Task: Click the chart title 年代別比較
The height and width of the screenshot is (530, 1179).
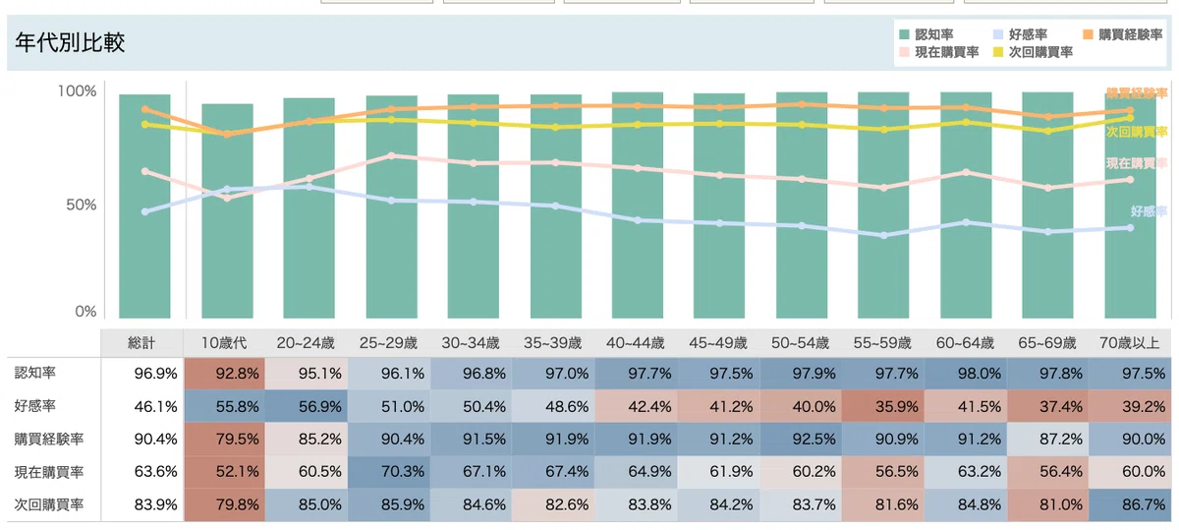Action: [x=70, y=42]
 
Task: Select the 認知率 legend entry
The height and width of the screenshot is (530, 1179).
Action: [x=926, y=34]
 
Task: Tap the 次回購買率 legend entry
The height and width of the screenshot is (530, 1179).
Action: [x=1033, y=52]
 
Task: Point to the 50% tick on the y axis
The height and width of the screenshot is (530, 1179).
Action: [x=82, y=205]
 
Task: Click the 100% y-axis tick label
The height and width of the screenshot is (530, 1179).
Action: [x=78, y=91]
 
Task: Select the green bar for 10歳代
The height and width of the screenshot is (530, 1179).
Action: [x=227, y=210]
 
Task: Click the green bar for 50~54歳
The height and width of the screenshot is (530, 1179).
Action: [x=802, y=206]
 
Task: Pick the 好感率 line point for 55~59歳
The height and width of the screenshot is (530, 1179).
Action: [x=883, y=235]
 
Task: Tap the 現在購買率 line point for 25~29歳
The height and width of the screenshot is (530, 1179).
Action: [x=391, y=156]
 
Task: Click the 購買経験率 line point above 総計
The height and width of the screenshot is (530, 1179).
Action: [x=145, y=109]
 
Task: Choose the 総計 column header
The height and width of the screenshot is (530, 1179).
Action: [x=141, y=343]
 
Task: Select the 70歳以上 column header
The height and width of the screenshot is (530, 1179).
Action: [x=1130, y=343]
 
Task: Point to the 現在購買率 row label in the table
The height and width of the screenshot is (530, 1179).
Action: [x=49, y=472]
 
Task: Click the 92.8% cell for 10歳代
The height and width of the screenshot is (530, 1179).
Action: [x=224, y=374]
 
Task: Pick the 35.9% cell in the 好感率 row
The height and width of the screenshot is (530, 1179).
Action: [x=882, y=407]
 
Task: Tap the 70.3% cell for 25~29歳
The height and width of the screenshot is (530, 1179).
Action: [x=389, y=471]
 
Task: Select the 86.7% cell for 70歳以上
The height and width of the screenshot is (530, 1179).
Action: [x=1130, y=504]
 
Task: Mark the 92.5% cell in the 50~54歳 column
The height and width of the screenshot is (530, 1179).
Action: [x=801, y=439]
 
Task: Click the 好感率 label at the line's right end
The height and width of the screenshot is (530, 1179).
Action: [x=1149, y=211]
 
